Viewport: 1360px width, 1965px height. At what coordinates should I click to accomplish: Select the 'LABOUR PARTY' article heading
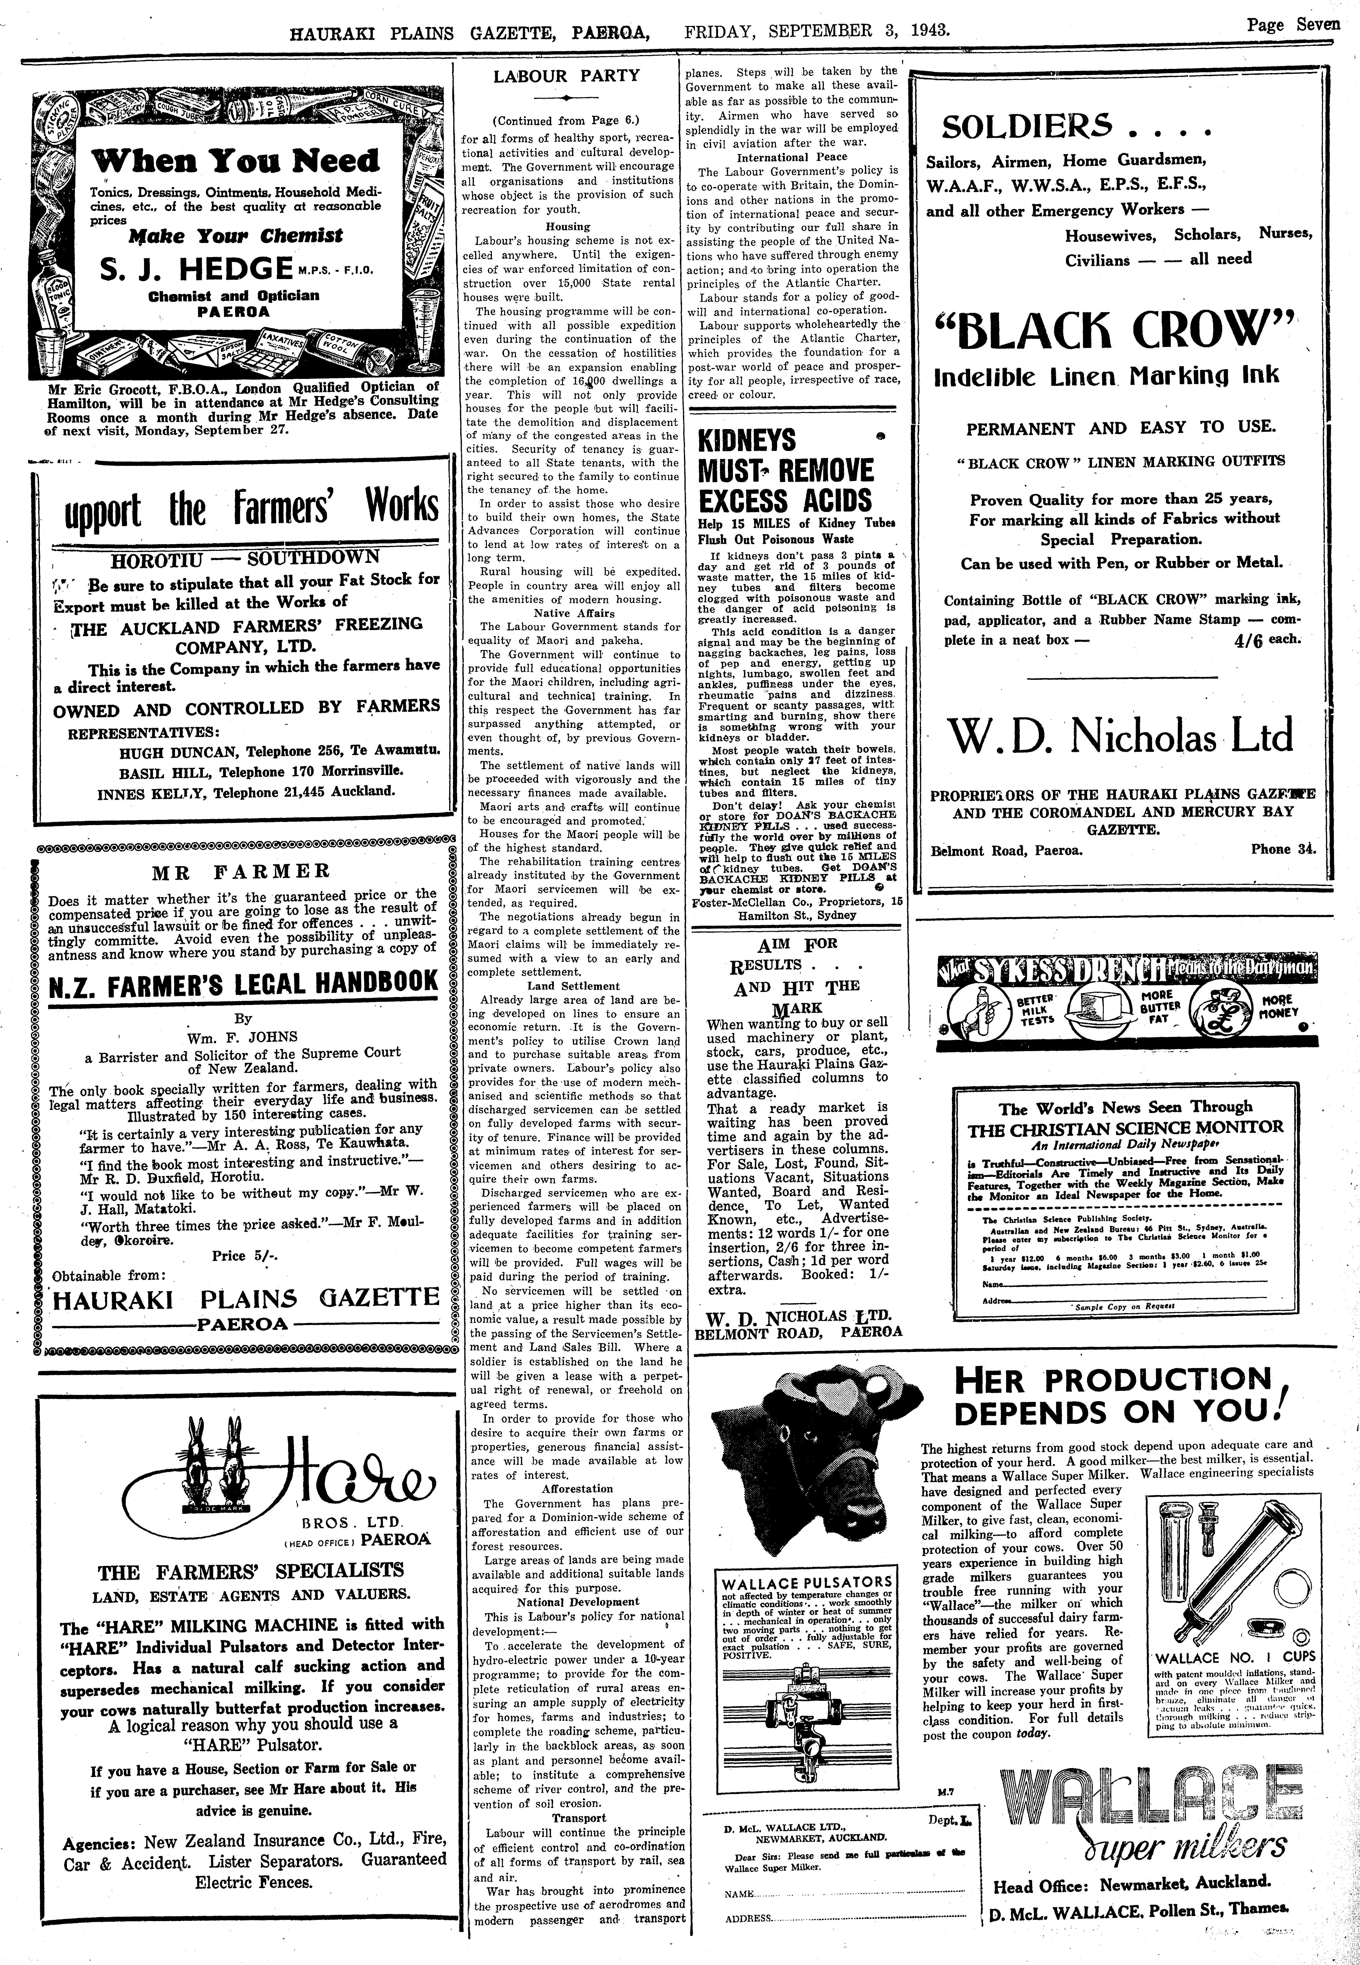pyautogui.click(x=566, y=76)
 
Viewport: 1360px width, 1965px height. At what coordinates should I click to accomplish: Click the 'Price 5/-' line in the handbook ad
pyautogui.click(x=245, y=1255)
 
